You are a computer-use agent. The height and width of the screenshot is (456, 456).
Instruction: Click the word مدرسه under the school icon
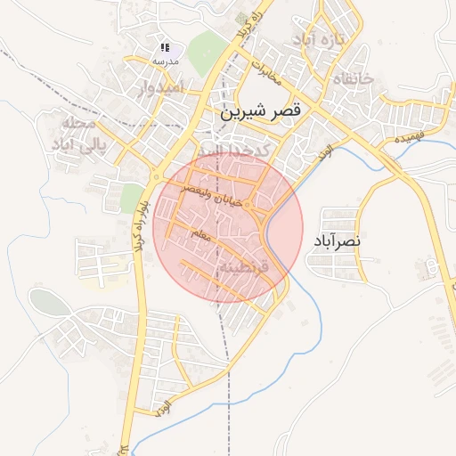click(165, 61)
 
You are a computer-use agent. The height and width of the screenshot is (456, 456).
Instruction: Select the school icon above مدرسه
click(165, 47)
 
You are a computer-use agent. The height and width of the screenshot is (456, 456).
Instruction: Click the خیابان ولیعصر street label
click(213, 197)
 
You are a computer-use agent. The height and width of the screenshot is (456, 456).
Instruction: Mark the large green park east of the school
click(205, 51)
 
